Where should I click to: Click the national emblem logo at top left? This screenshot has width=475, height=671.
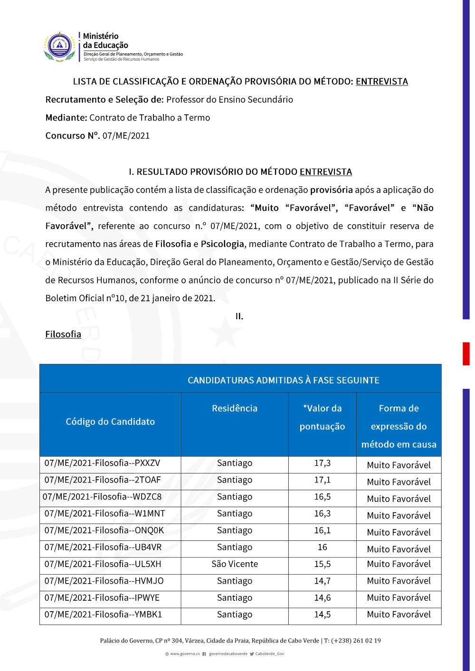60,47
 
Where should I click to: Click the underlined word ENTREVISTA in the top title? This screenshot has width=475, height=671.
381,82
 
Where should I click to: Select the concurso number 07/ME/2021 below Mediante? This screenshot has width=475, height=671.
126,136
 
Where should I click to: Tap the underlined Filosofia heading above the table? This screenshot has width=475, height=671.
63,334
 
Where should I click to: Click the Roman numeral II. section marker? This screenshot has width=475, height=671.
239,316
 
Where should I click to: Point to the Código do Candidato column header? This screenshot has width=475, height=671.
110,422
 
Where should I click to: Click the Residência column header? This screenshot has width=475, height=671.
235,408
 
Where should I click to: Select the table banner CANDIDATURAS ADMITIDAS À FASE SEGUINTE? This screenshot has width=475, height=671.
283,380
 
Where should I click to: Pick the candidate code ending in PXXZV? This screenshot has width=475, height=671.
102,463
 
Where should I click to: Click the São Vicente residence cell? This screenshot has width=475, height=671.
235,564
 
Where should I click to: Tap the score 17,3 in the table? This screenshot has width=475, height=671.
322,463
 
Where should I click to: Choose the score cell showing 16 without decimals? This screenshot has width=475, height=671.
322,548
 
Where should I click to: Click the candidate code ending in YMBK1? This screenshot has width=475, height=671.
103,614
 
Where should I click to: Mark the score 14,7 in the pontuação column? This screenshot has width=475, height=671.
322,581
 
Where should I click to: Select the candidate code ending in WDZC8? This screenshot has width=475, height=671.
102,497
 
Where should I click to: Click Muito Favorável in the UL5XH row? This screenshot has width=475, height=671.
399,564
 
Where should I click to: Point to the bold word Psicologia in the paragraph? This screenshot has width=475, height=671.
222,244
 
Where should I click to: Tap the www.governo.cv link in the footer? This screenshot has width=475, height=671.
185,654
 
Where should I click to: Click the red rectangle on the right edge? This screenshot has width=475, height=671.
466,354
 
